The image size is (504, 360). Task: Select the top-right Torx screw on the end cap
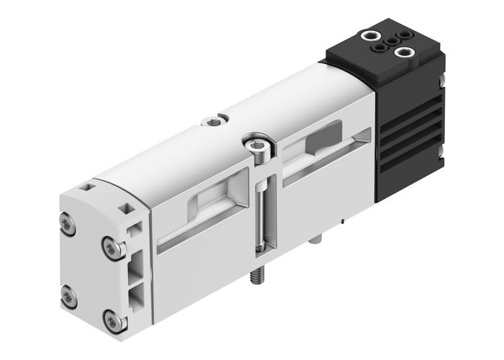[x=109, y=247]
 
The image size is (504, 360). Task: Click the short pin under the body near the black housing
[x=317, y=238]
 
